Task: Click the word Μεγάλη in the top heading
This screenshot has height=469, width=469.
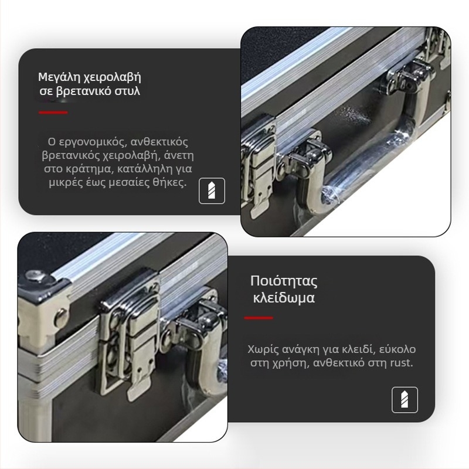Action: click(59, 77)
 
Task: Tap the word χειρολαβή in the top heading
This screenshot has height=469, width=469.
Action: click(112, 77)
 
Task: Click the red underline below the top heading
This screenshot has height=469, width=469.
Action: click(53, 113)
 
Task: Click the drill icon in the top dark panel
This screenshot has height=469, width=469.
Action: click(212, 191)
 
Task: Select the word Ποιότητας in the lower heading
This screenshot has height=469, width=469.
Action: click(284, 281)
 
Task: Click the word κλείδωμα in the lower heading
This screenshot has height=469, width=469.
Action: click(284, 298)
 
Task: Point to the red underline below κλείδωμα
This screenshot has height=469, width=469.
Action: click(259, 318)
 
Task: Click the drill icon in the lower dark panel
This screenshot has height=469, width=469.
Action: click(405, 400)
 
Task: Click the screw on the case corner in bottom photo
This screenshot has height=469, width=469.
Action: click(36, 276)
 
